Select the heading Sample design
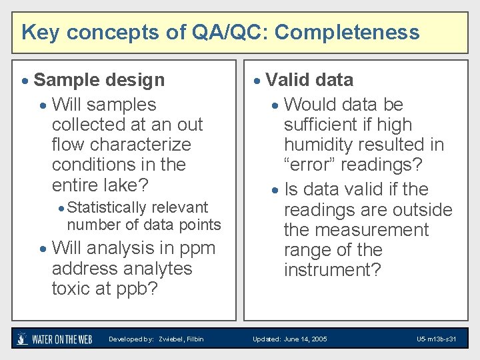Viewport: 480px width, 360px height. click(x=99, y=80)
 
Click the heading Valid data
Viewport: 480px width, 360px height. click(x=309, y=80)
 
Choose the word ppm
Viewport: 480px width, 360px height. click(x=197, y=248)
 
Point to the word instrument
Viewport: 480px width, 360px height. click(x=333, y=270)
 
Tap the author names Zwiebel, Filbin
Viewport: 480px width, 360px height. click(x=181, y=339)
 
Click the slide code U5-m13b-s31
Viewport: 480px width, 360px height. click(x=436, y=339)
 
